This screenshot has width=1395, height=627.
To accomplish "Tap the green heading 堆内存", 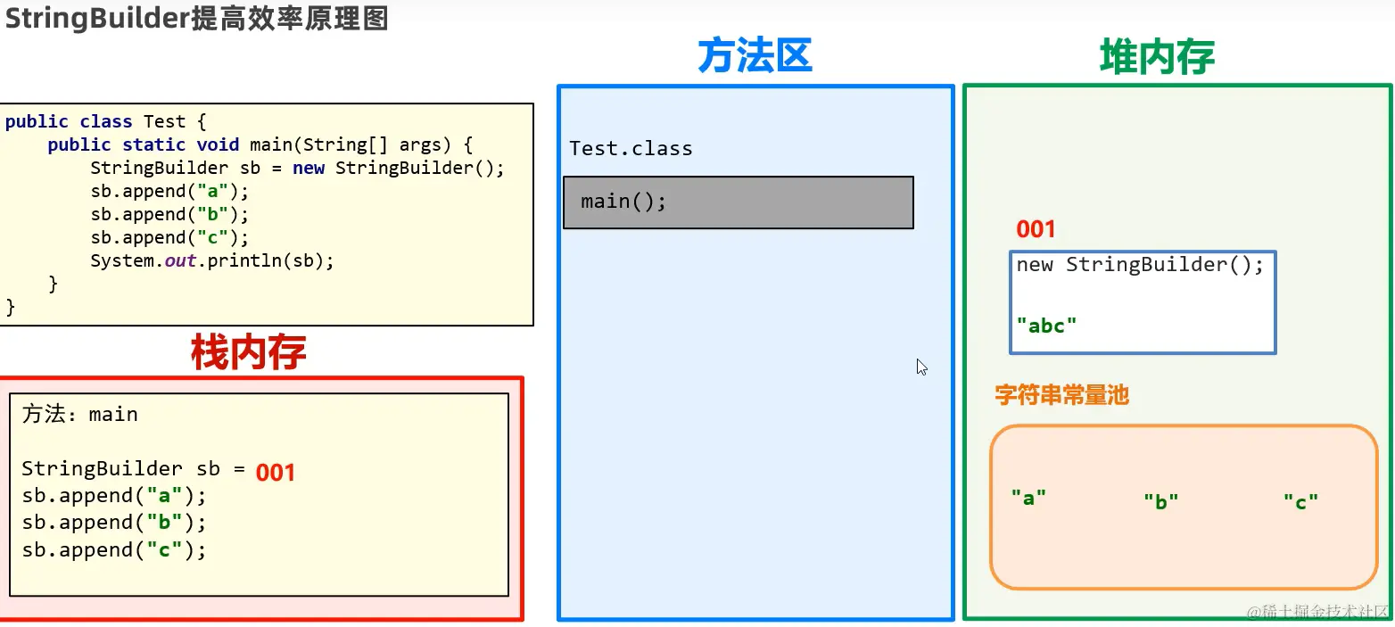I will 1157,57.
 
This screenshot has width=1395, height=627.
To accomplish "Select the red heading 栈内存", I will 248,352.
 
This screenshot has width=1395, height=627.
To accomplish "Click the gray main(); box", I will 738,202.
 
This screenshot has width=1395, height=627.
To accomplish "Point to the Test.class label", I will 631,149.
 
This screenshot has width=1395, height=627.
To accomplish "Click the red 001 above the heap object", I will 1036,230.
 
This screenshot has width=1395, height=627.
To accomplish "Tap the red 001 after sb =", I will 276,472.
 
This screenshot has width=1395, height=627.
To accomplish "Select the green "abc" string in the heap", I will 1046,326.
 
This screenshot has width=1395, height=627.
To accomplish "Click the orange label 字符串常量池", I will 1061,395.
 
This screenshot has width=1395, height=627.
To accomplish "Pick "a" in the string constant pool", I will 1028,498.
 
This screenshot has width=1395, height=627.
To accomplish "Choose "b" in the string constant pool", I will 1161,501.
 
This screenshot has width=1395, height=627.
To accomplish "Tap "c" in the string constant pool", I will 1300,502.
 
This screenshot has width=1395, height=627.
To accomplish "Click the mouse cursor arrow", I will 921,366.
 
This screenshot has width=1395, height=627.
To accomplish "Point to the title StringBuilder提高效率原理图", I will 196,18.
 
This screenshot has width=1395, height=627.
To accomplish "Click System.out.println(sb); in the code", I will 211,261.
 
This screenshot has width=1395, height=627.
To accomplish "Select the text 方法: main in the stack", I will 80,415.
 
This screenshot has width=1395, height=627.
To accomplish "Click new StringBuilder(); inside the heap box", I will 1140,265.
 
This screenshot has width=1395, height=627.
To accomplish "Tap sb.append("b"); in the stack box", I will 114,523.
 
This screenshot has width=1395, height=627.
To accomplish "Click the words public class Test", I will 95,122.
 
